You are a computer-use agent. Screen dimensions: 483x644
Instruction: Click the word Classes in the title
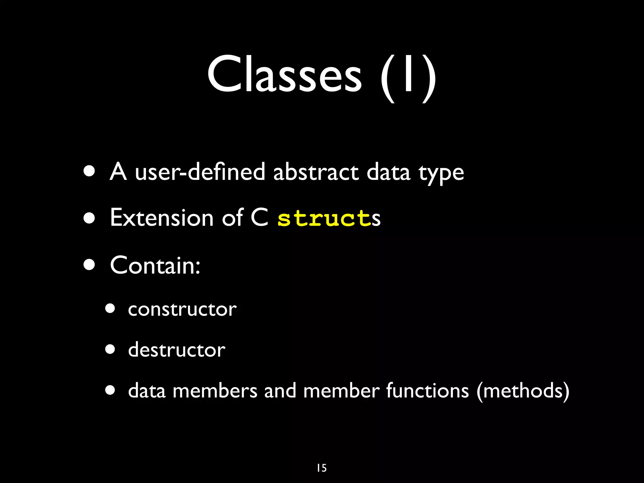point(285,75)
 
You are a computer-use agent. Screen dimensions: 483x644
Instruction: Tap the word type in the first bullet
point(441,174)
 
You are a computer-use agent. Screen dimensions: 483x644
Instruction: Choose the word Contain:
point(155,265)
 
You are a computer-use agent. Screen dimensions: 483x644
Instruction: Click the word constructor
point(182,309)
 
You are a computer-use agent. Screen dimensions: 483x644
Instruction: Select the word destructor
point(177,350)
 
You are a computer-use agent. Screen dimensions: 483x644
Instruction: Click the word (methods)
point(523,391)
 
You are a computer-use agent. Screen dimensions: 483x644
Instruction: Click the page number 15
point(322,468)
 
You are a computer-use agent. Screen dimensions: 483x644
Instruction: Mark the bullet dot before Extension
point(90,218)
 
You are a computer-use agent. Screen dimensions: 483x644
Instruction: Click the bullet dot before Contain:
point(90,265)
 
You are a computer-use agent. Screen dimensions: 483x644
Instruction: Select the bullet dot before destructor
point(110,349)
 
